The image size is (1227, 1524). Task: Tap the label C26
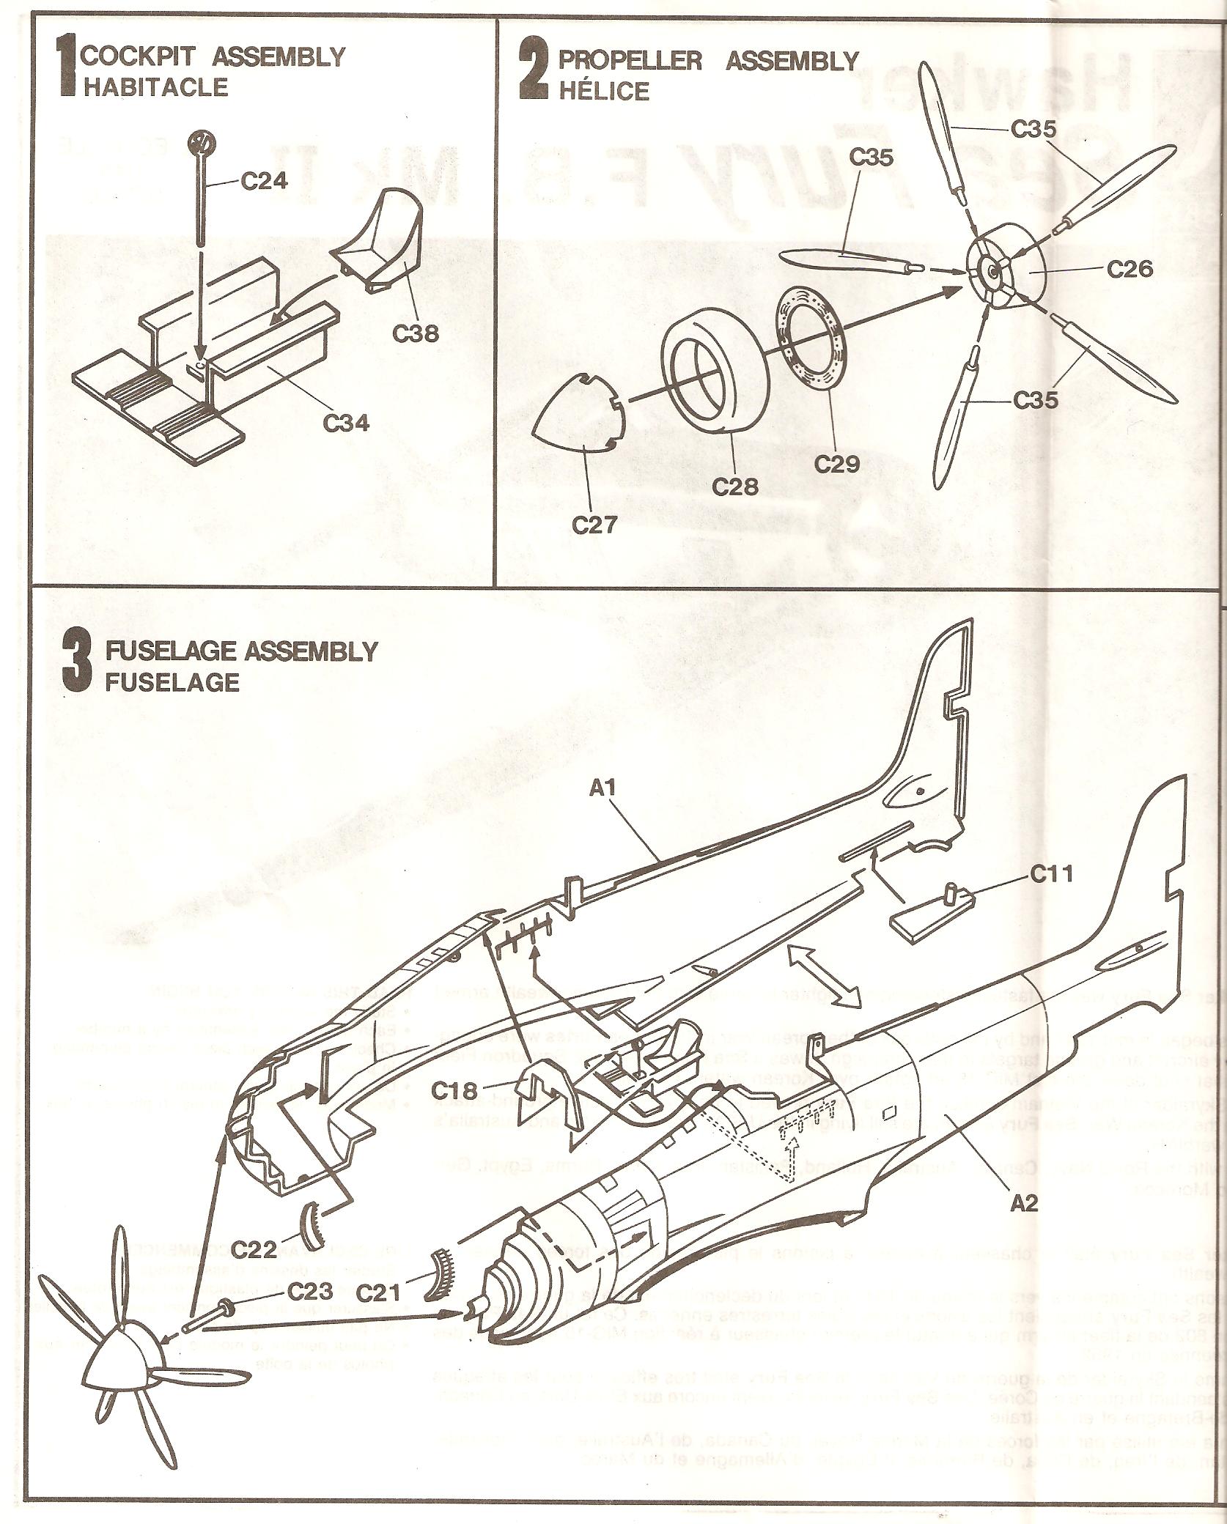[x=1130, y=270]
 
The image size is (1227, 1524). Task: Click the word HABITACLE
[x=155, y=87]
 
